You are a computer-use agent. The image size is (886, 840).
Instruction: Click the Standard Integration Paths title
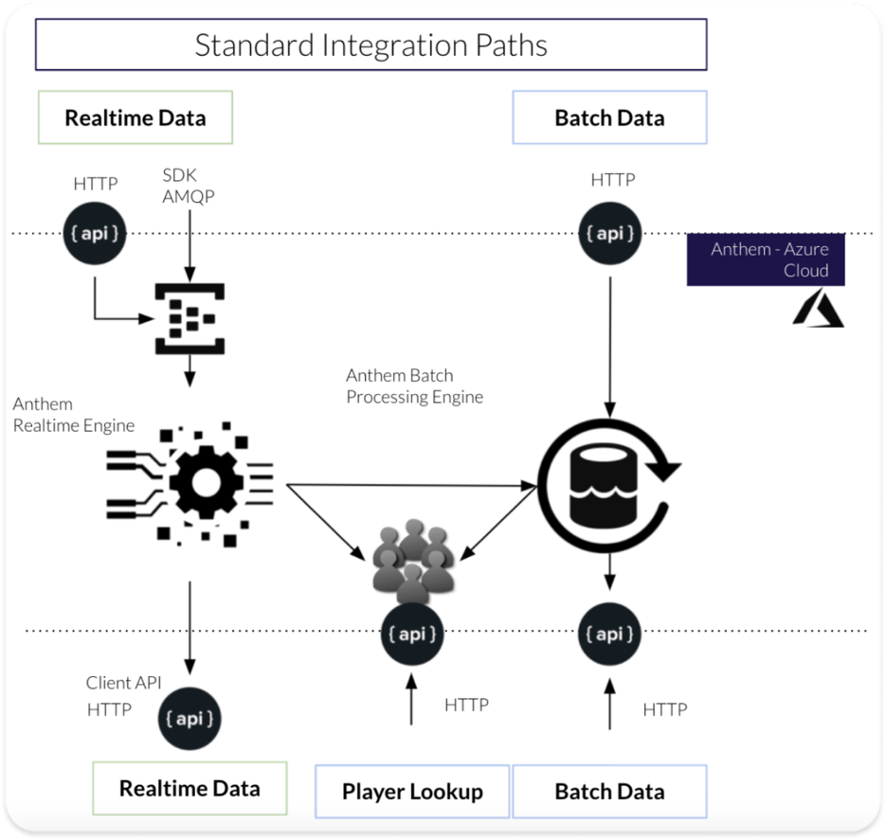(x=371, y=45)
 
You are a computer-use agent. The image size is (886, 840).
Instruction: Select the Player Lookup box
(x=412, y=791)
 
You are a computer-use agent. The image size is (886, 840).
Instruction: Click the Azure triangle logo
(x=818, y=309)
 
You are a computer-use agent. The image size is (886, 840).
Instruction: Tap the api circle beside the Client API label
(x=190, y=718)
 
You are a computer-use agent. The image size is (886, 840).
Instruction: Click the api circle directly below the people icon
(x=412, y=634)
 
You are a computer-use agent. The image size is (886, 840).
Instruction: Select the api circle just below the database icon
(x=609, y=633)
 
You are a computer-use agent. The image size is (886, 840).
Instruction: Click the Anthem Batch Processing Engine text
(x=414, y=386)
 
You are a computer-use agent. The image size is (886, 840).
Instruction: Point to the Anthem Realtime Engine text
(x=74, y=415)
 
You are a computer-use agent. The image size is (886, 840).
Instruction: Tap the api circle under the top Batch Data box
(x=609, y=232)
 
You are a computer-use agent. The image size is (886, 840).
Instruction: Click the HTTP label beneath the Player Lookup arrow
(x=466, y=705)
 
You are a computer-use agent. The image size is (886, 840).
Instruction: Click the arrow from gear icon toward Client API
(x=190, y=625)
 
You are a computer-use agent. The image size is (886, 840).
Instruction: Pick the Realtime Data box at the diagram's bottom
(x=190, y=788)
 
